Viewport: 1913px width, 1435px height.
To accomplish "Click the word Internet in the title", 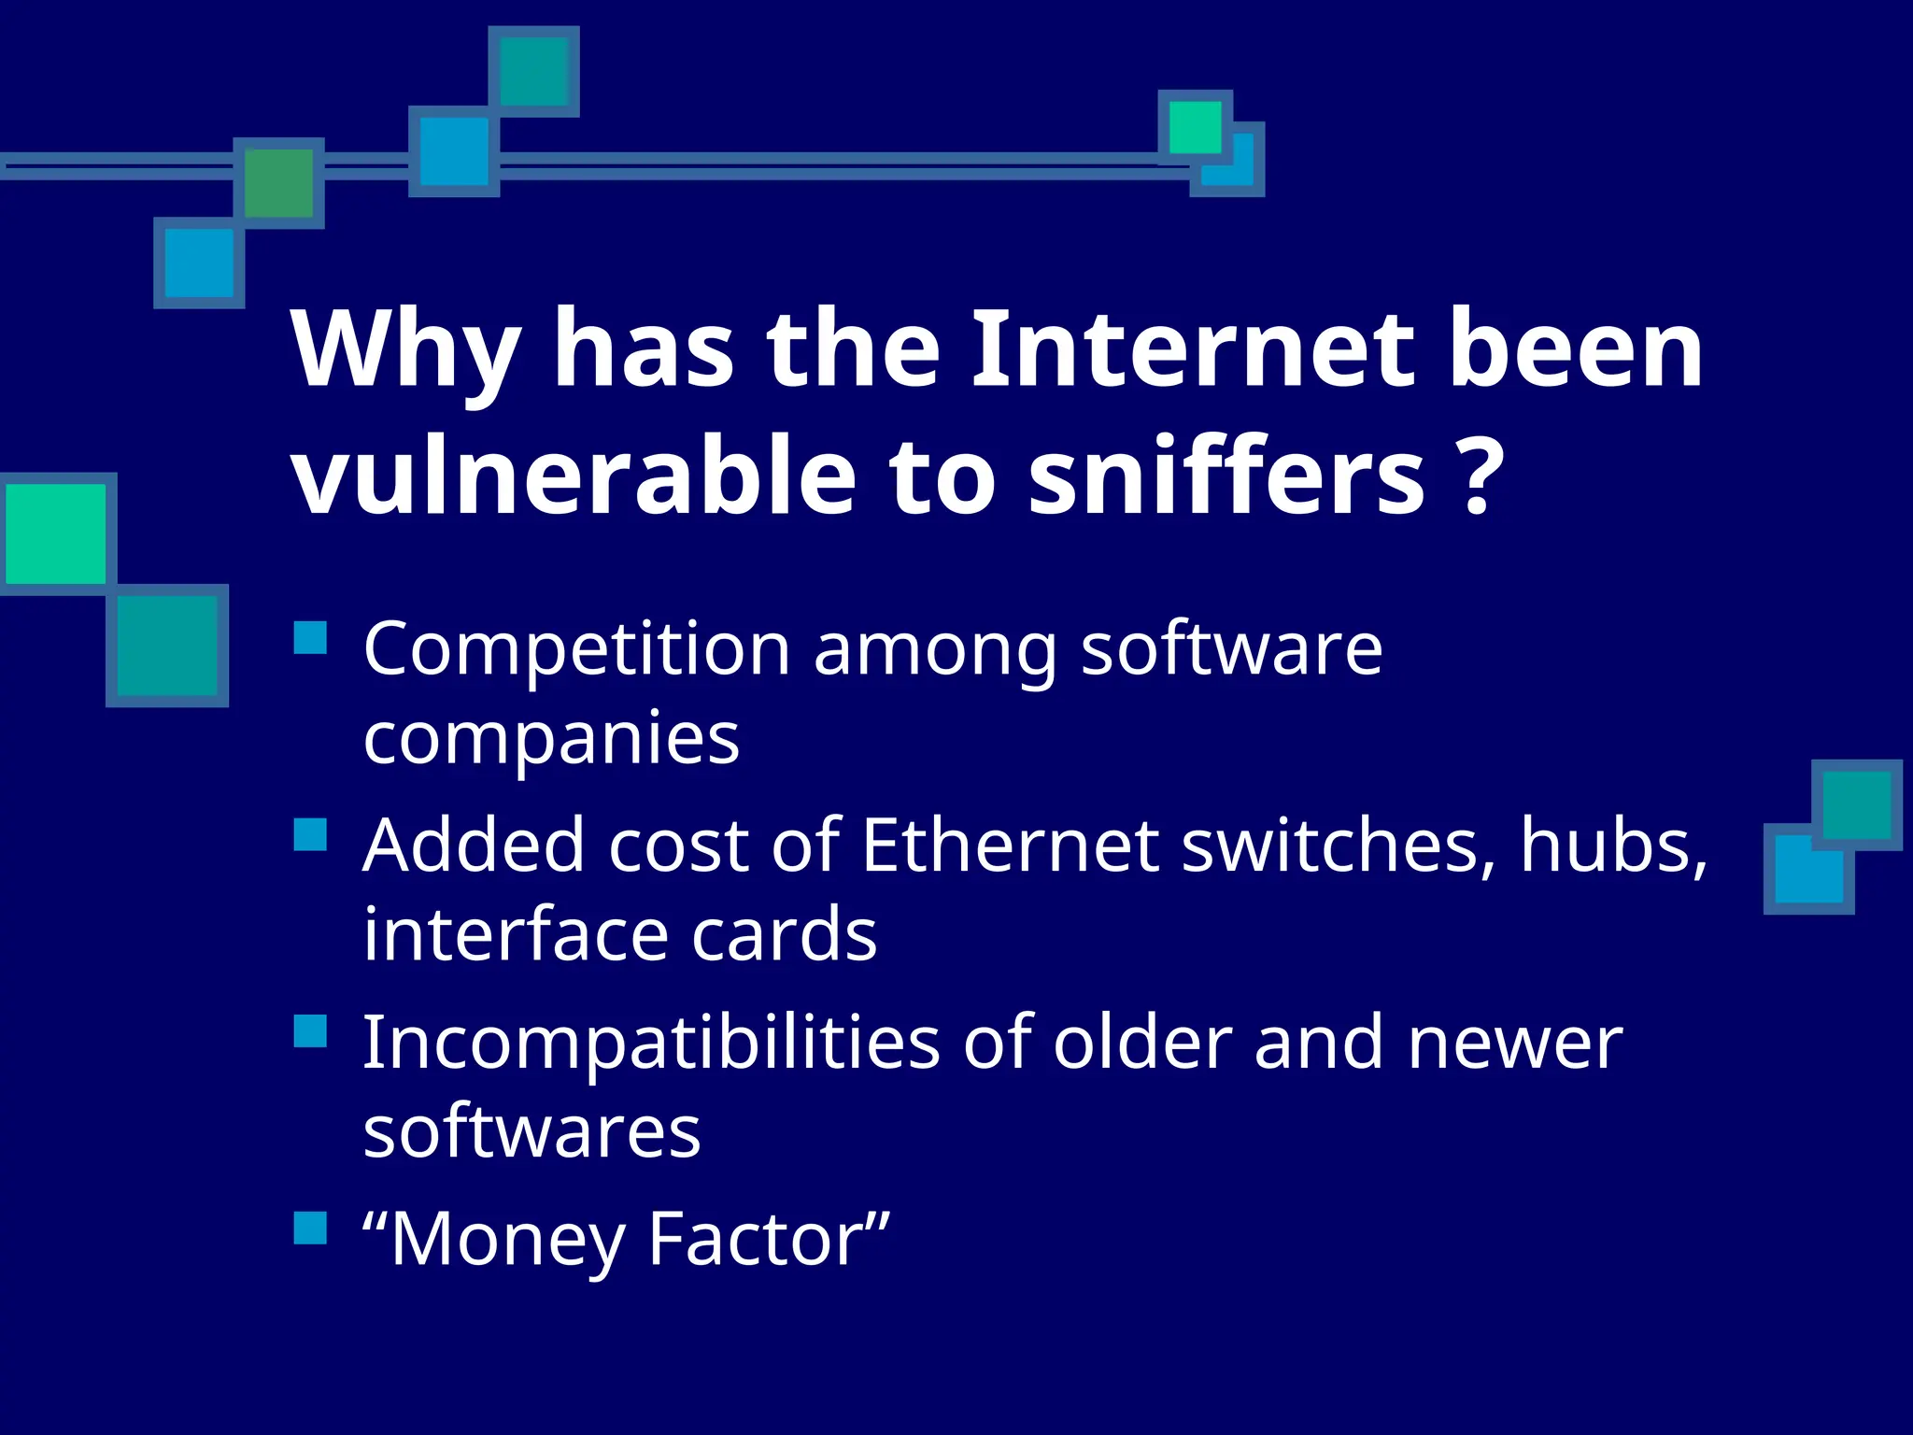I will pyautogui.click(x=1193, y=350).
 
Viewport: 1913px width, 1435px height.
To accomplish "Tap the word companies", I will pyautogui.click(x=551, y=738).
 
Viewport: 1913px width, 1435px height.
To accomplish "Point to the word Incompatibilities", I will pyautogui.click(x=650, y=1043).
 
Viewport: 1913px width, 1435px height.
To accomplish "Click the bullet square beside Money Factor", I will pyautogui.click(x=310, y=1229).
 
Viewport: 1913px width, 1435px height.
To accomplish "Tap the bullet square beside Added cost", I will pyautogui.click(x=310, y=834).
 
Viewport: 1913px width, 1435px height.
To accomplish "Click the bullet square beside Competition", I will pyautogui.click(x=310, y=638).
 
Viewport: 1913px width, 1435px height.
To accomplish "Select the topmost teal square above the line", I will pyautogui.click(x=533, y=71).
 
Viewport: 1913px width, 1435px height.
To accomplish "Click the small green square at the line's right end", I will pyautogui.click(x=1195, y=127).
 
